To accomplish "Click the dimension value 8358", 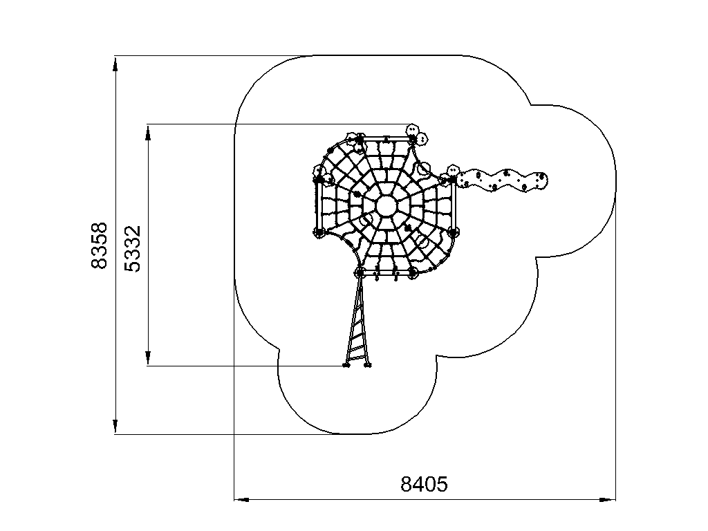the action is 100,245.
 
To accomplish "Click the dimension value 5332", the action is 132,249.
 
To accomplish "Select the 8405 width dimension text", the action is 424,484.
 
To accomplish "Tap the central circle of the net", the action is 386,206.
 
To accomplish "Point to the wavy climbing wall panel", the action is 502,180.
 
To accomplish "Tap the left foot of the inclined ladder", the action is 346,364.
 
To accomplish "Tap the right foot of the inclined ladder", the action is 368,364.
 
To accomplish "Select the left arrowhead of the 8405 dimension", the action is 241,500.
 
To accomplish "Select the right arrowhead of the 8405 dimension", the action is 608,500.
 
